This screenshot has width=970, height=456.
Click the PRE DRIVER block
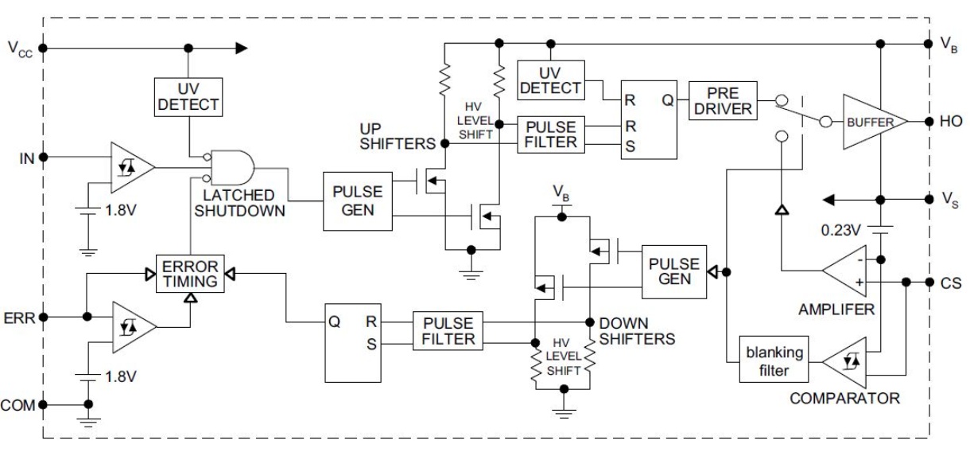pos(723,100)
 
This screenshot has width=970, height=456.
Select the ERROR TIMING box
pos(190,274)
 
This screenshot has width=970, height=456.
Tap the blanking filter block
pos(774,359)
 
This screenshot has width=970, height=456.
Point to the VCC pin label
pos(20,49)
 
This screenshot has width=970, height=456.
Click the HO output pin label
pos(951,122)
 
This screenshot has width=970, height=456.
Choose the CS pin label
pos(951,283)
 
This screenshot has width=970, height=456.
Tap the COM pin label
pos(17,405)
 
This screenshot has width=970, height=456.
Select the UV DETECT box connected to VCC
pos(188,97)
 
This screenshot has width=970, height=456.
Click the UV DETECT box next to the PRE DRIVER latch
pos(551,80)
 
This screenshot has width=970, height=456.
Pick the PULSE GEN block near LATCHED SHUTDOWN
pos(358,201)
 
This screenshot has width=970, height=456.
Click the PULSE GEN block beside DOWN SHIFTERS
pos(674,272)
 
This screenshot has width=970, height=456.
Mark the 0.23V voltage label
pos(841,230)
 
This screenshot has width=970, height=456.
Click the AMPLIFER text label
pos(836,310)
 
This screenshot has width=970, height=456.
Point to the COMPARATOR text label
pos(844,399)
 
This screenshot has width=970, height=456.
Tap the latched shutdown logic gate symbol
pos(231,168)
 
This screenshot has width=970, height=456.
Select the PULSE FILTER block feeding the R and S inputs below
pos(448,331)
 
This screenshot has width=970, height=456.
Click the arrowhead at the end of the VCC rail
pos(242,48)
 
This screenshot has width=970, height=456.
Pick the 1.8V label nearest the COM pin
pos(121,376)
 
